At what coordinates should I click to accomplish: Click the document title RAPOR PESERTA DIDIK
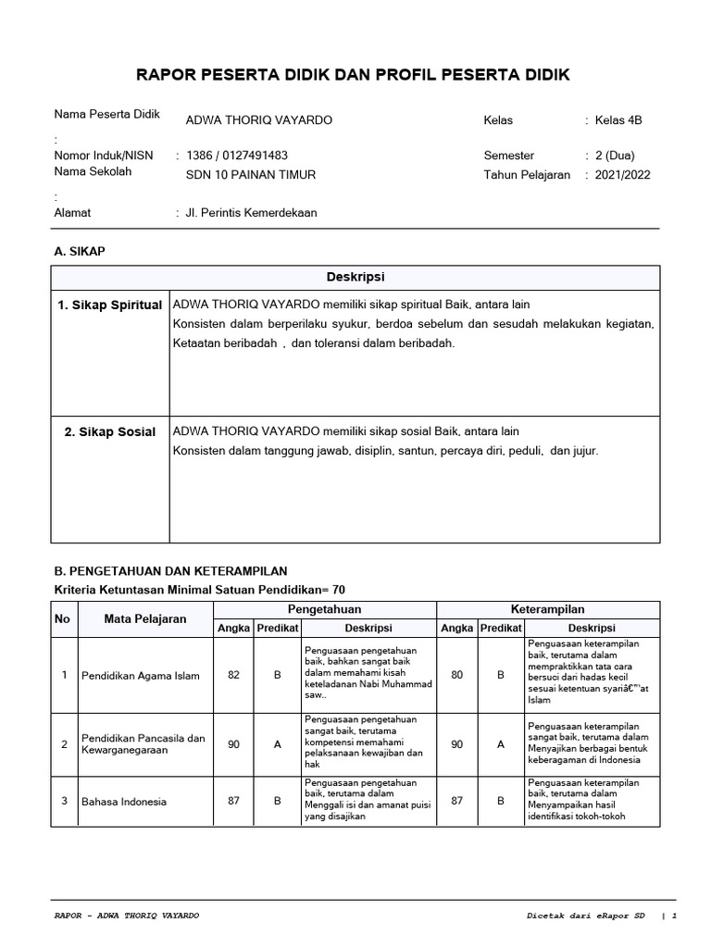click(x=355, y=75)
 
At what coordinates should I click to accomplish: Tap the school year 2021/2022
click(x=622, y=175)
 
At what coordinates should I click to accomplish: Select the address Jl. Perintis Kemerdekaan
click(x=252, y=213)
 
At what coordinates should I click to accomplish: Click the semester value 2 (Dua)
click(x=615, y=156)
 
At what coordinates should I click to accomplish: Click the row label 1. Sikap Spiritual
click(x=110, y=306)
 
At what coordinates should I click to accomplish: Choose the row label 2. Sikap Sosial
click(x=110, y=432)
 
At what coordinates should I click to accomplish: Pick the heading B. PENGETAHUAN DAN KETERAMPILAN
click(x=171, y=570)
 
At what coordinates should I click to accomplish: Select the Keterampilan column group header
click(x=548, y=609)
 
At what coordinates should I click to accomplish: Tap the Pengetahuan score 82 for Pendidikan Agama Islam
click(x=233, y=675)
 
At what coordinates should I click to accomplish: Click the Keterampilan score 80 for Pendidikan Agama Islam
click(x=457, y=675)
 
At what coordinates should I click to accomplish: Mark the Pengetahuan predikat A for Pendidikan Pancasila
click(x=277, y=744)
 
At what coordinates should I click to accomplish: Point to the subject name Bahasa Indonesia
click(x=124, y=801)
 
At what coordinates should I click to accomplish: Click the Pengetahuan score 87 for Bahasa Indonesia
click(x=233, y=801)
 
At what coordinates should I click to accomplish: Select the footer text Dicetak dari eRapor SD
click(x=581, y=916)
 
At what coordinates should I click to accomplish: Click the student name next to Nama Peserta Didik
click(x=258, y=120)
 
